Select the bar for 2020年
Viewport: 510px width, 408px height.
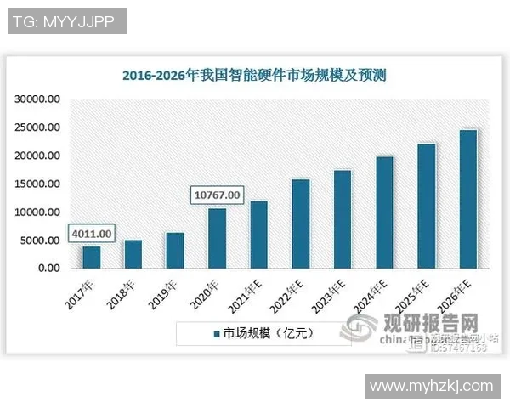point(217,238)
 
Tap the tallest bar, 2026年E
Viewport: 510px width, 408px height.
point(467,199)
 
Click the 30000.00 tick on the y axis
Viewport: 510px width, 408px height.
point(37,99)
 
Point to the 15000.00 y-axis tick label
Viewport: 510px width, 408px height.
point(37,184)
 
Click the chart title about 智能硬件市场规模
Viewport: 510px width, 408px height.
point(254,75)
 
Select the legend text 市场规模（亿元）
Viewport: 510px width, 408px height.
point(269,333)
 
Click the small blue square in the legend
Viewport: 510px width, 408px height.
point(217,333)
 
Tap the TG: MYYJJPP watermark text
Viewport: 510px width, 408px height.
point(67,21)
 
